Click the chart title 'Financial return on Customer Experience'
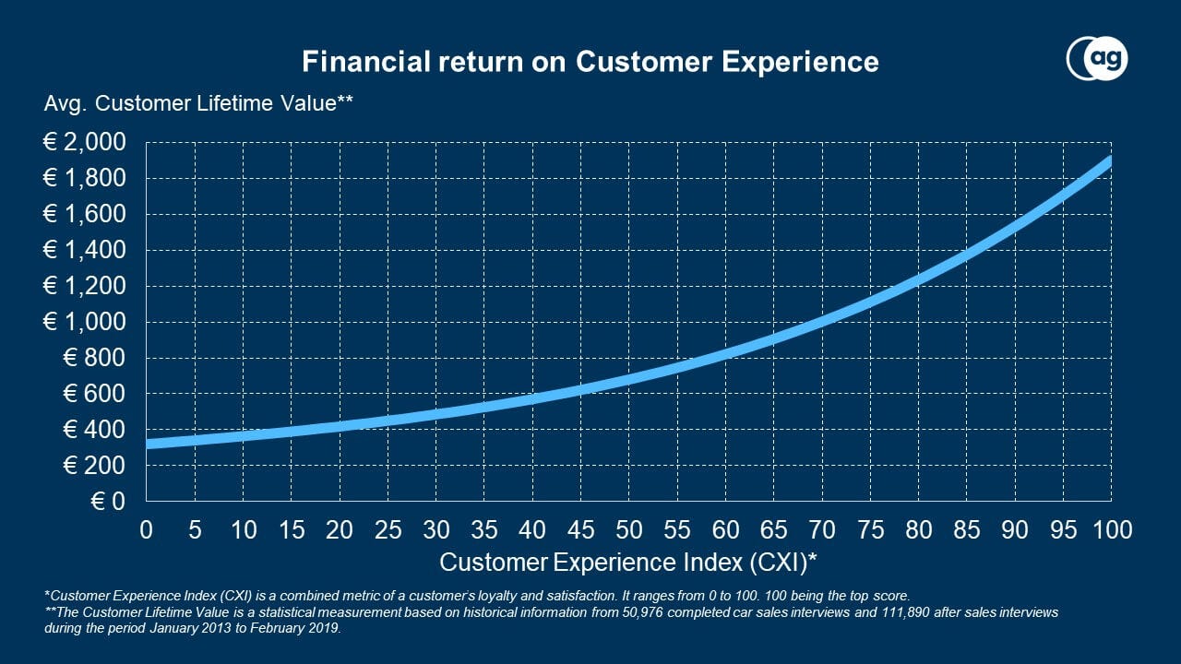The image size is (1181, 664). tap(590, 62)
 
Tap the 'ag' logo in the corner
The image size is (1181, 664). tap(1097, 60)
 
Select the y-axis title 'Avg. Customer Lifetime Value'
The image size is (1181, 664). tap(198, 104)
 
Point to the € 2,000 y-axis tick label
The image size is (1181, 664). tap(84, 143)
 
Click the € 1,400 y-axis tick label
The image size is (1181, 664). tap(84, 250)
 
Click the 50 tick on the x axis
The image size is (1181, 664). tap(628, 529)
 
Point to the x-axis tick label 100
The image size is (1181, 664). tap(1110, 529)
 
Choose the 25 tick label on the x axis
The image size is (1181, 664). tap(388, 529)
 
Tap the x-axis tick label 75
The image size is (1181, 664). tap(869, 529)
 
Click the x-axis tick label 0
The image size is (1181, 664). tap(146, 529)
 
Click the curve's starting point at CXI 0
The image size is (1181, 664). tap(147, 444)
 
